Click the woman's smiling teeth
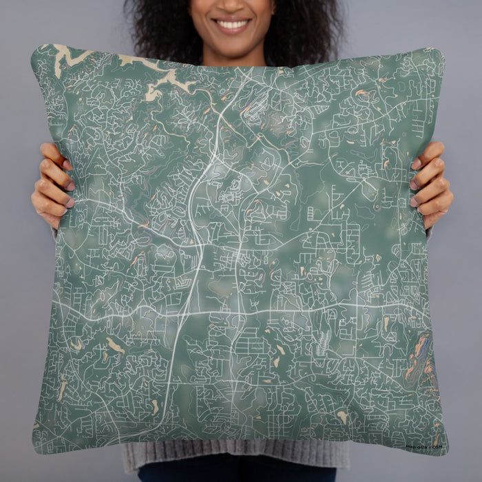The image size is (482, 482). point(232,24)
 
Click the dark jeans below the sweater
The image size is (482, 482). point(234,475)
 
